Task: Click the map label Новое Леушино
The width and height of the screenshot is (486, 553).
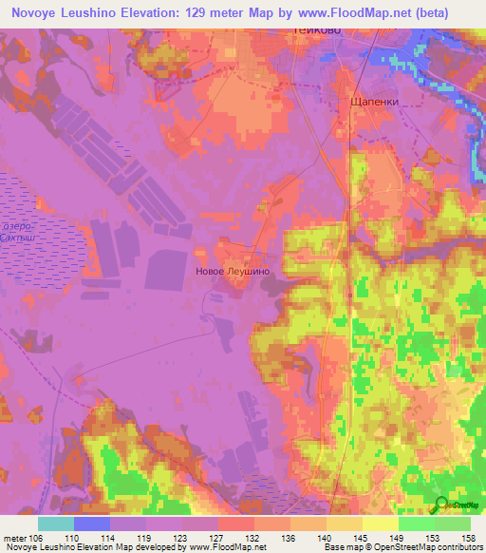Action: (232, 271)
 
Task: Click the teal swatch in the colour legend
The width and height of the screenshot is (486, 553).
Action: (55, 524)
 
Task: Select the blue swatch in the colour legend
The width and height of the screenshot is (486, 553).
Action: (91, 524)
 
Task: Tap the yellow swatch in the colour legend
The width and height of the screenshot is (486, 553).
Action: (380, 524)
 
